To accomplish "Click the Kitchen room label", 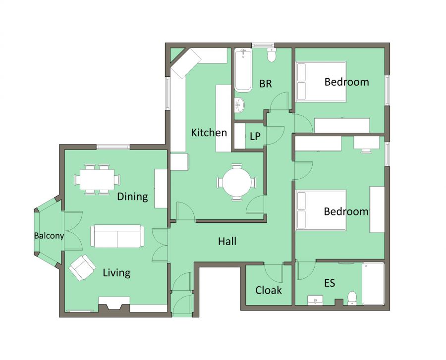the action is click(209, 133).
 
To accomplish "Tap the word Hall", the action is click(227, 241).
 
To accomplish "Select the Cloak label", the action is click(268, 290).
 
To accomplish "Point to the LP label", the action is click(255, 136).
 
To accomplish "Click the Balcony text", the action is click(49, 236).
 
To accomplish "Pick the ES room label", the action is click(330, 283).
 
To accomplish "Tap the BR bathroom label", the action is click(266, 84).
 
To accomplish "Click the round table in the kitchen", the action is click(237, 182).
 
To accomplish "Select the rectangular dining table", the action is click(97, 179).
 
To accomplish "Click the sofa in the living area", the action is click(117, 236).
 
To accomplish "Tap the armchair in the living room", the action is click(82, 267).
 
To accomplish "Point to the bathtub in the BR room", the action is click(243, 70).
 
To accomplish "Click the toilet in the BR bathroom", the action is click(272, 55).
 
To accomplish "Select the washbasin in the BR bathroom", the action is click(239, 104).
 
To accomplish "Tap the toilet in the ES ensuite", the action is click(352, 298).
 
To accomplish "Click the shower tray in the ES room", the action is click(373, 284).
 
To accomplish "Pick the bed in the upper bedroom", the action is click(321, 82).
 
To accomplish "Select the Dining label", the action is click(132, 197).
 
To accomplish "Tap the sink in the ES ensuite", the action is click(315, 300).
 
